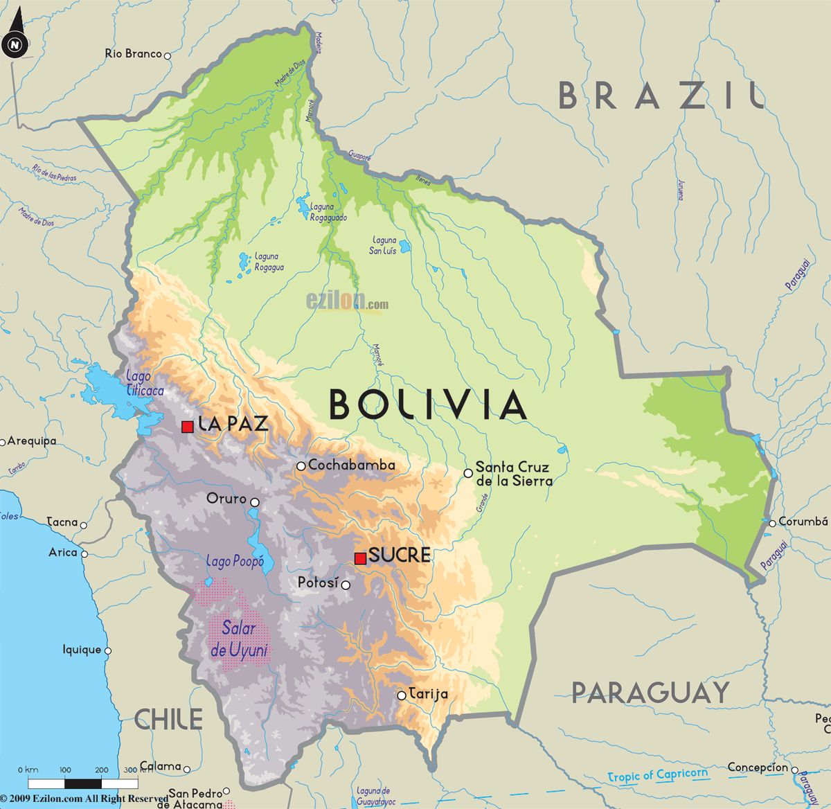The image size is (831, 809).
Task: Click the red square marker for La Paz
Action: click(187, 427)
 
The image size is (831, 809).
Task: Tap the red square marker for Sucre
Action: click(360, 558)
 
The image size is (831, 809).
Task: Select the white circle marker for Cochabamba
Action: click(301, 466)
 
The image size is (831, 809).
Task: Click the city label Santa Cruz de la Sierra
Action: click(514, 474)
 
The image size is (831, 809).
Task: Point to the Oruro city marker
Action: click(255, 502)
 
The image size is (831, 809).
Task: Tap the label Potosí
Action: click(318, 583)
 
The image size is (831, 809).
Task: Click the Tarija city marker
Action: click(402, 695)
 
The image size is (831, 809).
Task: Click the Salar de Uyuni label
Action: click(239, 639)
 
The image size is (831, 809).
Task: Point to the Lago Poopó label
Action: click(235, 562)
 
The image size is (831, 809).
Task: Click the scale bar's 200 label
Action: click(101, 770)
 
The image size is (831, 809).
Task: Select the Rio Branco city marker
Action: click(168, 54)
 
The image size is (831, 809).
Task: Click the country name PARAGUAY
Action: click(650, 692)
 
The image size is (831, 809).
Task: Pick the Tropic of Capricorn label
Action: click(658, 775)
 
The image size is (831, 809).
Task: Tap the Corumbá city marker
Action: click(772, 522)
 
